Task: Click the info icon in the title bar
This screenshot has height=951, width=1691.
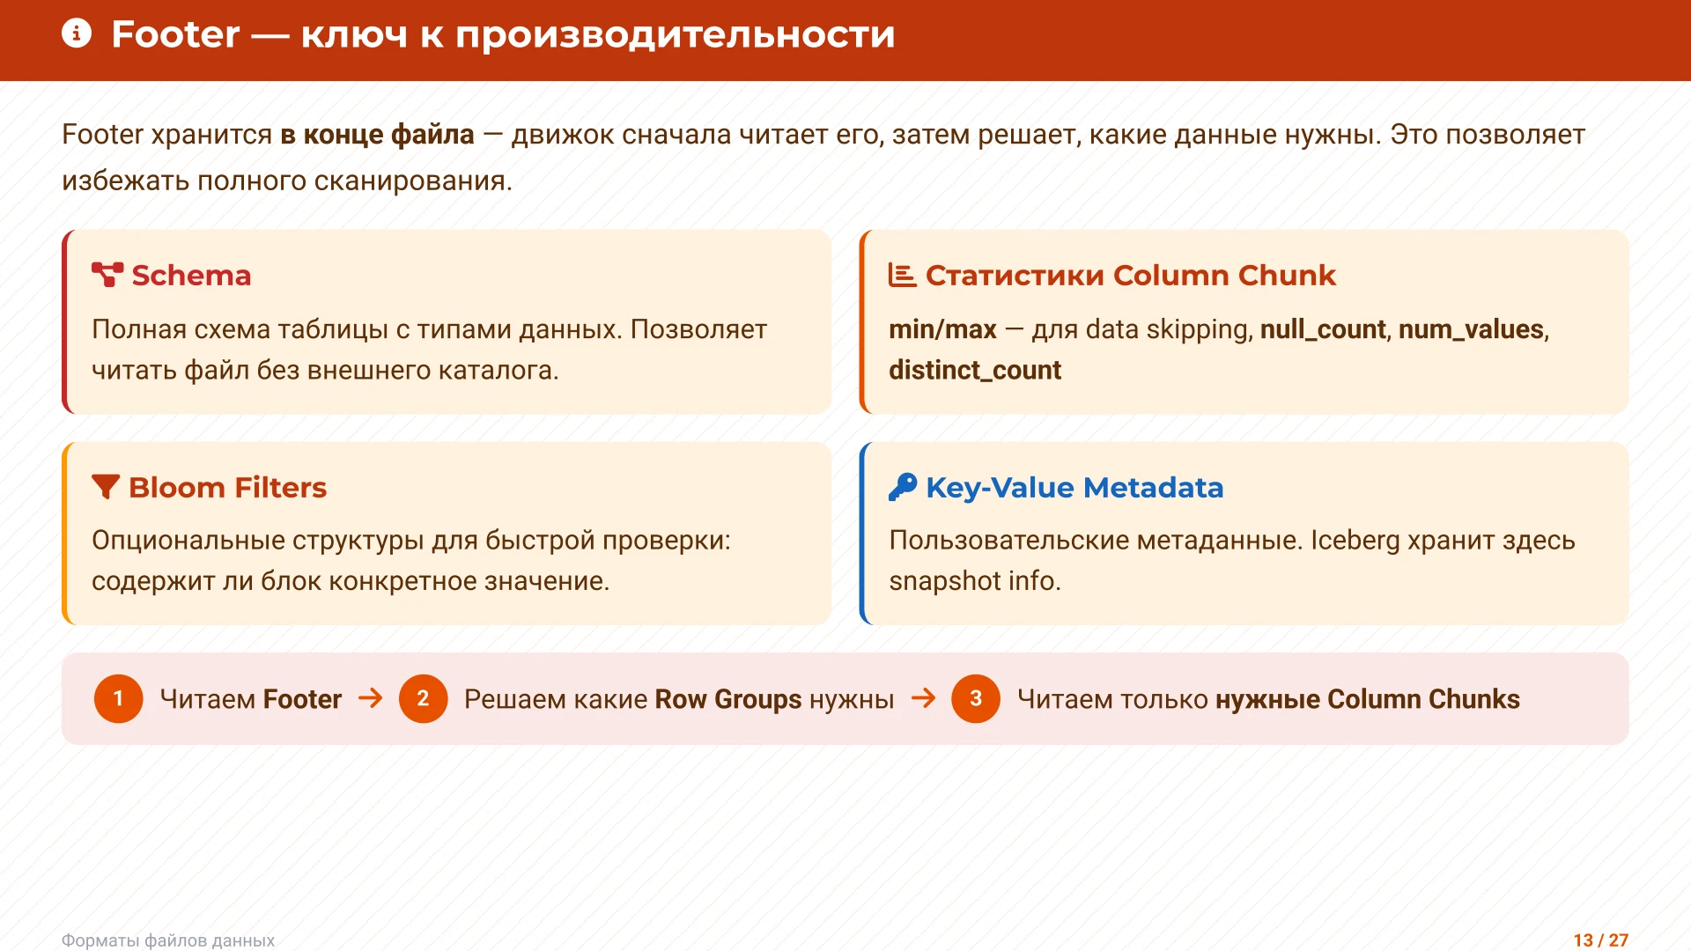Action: (77, 34)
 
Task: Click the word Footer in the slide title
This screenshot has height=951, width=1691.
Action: (175, 34)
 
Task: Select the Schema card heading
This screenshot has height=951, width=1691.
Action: (191, 276)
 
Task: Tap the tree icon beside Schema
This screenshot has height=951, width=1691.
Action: (107, 275)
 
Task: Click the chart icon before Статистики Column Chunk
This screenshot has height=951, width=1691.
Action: (902, 275)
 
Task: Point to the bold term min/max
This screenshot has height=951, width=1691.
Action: (941, 329)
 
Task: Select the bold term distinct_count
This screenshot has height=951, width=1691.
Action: (974, 370)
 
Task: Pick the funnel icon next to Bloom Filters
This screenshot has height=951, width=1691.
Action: (106, 487)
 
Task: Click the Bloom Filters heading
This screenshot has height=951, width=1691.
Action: (227, 487)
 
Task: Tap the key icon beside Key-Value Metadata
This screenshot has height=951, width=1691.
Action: (903, 487)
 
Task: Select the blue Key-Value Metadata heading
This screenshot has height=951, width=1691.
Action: (1074, 487)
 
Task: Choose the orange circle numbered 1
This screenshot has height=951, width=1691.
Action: (118, 698)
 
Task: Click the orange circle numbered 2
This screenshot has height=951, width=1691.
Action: (423, 698)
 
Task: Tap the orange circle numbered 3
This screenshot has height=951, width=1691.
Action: (975, 698)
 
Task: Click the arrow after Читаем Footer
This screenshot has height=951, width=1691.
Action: (371, 698)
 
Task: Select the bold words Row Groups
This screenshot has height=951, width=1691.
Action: (727, 698)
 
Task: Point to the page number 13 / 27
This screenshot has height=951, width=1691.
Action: (1600, 940)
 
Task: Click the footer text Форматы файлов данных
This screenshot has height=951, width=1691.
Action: (168, 940)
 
